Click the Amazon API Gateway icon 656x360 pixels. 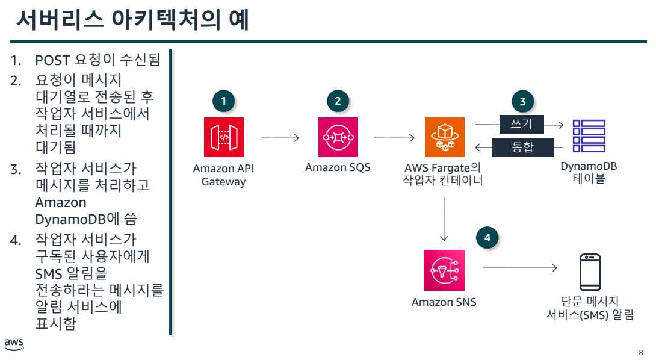click(223, 137)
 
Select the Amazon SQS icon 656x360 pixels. click(338, 137)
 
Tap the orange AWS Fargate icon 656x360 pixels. click(444, 137)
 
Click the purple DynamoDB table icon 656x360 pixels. click(589, 137)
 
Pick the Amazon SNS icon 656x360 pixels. click(444, 270)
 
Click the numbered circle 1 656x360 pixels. click(224, 101)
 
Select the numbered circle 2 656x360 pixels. click(338, 101)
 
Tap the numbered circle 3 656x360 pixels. click(522, 101)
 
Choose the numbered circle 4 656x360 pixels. click(487, 238)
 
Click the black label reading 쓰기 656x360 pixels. click(522, 125)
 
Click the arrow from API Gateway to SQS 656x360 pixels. click(280, 138)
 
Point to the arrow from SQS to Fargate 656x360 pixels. click(394, 138)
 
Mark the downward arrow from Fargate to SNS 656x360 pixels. click(444, 217)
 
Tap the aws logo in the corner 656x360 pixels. click(14, 344)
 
